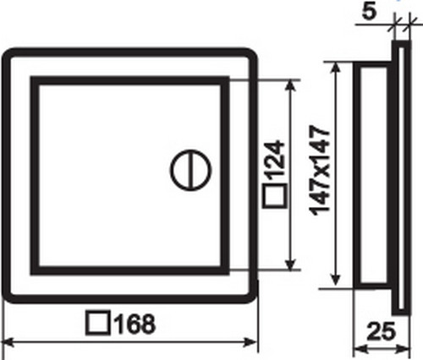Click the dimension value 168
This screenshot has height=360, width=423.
click(x=135, y=324)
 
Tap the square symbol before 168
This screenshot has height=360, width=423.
click(x=98, y=323)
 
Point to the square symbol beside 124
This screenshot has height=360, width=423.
click(x=275, y=196)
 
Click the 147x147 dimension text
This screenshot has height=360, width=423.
click(x=320, y=171)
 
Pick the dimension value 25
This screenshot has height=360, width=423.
click(x=381, y=331)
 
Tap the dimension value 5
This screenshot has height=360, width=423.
click(x=370, y=12)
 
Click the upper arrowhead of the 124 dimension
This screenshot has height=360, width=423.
click(x=290, y=85)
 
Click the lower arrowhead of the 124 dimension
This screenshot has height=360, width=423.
click(x=290, y=265)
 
